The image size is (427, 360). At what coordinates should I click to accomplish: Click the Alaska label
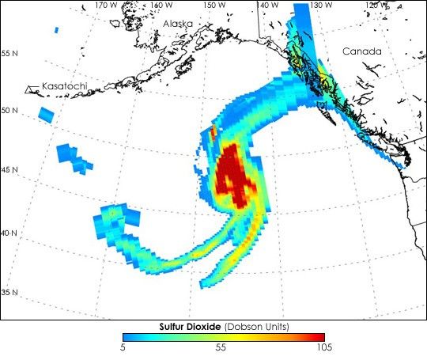pyautogui.click(x=178, y=25)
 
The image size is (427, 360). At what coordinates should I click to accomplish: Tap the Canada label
pyautogui.click(x=362, y=51)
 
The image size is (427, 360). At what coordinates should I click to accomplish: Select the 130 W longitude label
pyautogui.click(x=319, y=5)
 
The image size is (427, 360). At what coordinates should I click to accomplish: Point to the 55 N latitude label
pyautogui.click(x=10, y=53)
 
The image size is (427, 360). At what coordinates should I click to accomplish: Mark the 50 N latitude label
pyautogui.click(x=10, y=110)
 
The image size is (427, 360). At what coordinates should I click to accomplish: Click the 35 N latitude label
pyautogui.click(x=10, y=294)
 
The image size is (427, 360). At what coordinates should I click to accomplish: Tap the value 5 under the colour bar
pyautogui.click(x=123, y=347)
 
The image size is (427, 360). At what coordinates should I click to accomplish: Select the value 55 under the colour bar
pyautogui.click(x=222, y=347)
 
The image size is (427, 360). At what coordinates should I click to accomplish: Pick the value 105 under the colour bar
pyautogui.click(x=323, y=347)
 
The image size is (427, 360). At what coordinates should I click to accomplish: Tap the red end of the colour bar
pyautogui.click(x=318, y=337)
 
